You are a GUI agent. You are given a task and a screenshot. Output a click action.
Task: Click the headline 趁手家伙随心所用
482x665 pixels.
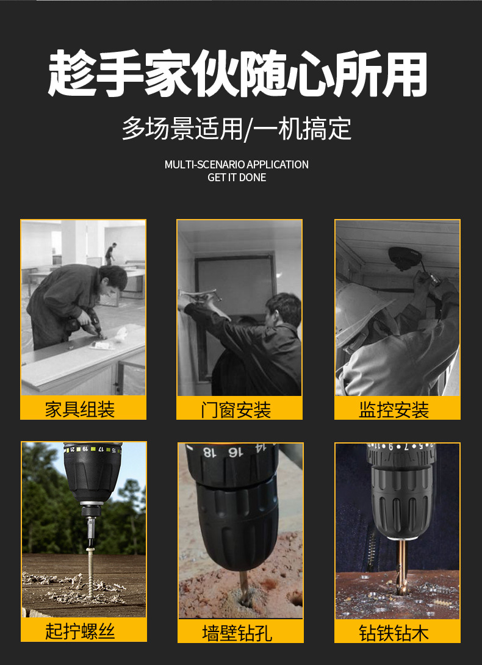(x=237, y=74)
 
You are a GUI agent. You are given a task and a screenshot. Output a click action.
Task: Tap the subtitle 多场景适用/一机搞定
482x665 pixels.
(x=237, y=128)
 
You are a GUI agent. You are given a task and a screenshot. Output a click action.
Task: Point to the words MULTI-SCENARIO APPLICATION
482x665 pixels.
(x=237, y=165)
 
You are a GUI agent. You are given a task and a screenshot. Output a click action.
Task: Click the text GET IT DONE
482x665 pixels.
(x=237, y=178)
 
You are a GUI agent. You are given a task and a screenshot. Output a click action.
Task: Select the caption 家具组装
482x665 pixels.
(x=80, y=409)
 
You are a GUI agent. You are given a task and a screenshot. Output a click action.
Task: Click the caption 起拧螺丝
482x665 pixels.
(x=80, y=630)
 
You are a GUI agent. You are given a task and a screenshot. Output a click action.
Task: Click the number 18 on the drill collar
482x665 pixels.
(x=208, y=453)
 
